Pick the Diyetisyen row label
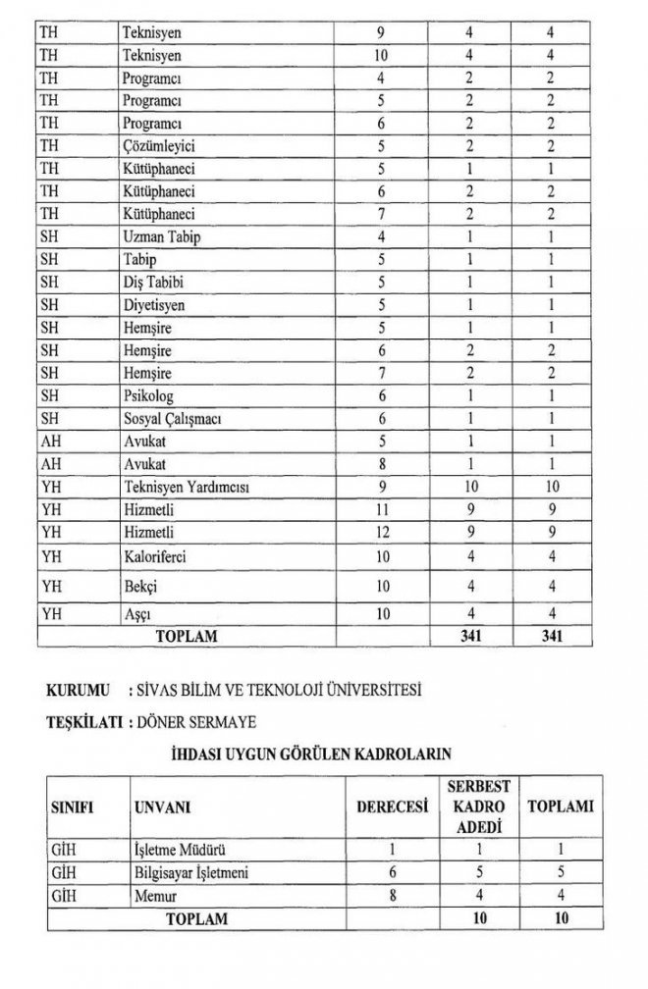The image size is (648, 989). (153, 304)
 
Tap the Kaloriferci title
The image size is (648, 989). (154, 557)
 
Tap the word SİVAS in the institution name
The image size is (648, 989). (161, 689)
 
